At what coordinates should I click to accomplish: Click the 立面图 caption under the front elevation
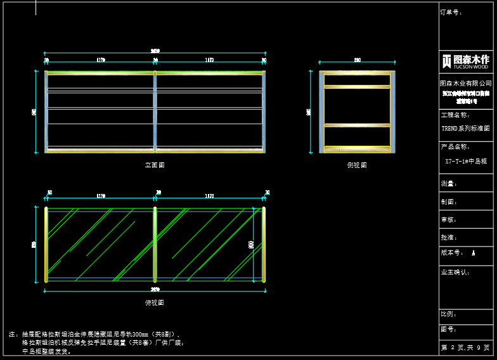pos(155,165)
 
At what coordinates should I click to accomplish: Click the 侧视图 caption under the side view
pos(357,165)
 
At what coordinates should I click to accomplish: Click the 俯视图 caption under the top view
pos(155,303)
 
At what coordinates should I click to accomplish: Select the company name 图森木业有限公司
pos(466,83)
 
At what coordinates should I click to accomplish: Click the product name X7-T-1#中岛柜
pos(466,162)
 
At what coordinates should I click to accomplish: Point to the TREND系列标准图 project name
pos(466,128)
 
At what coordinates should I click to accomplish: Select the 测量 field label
pos(449,184)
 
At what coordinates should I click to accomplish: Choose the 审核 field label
pos(449,219)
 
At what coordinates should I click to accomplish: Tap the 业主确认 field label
pos(454,272)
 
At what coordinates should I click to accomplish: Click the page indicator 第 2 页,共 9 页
pos(466,348)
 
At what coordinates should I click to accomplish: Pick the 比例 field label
pos(449,314)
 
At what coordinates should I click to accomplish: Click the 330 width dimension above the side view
pos(358,60)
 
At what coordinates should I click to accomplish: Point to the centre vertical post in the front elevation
pos(155,112)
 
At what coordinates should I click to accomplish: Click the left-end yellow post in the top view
pos(46,244)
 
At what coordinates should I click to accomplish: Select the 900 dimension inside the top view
pos(252,244)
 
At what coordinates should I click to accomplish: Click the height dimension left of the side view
pos(309,112)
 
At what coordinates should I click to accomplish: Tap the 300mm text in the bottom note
pos(138,334)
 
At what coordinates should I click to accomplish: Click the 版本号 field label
pos(451,252)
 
